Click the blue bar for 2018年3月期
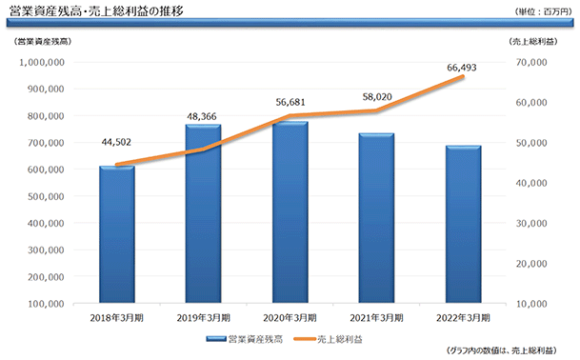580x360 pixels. (117, 234)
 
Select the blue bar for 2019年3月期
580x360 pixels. (204, 214)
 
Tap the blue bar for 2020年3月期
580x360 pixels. (290, 212)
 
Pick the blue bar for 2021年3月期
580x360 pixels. (376, 218)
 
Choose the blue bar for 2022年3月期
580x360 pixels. (464, 225)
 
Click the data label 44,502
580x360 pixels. (116, 142)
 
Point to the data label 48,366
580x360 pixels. (202, 116)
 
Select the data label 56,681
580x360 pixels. (290, 102)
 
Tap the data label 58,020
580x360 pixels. (377, 97)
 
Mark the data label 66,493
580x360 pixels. (462, 68)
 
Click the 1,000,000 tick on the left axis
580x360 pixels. (42, 62)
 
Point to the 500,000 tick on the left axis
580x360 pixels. (46, 196)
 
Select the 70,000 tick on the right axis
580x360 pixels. (531, 62)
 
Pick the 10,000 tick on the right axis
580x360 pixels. (531, 304)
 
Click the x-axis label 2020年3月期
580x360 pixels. (290, 318)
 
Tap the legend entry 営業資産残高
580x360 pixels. (245, 339)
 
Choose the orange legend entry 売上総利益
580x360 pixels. (328, 339)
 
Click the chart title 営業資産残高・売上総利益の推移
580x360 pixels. (96, 11)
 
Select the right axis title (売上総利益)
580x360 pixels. (533, 42)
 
